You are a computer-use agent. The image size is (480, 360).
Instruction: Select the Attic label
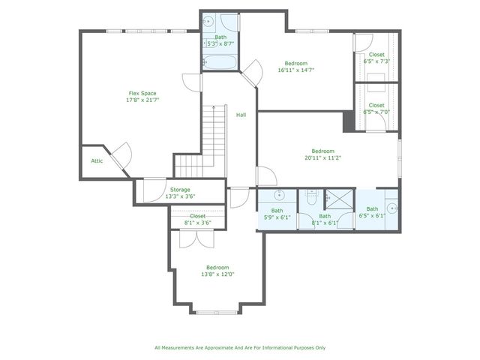[97, 160]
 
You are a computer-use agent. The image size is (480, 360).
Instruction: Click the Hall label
[241, 115]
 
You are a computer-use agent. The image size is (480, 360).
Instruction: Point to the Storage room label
[180, 190]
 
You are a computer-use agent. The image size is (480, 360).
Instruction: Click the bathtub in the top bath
[220, 62]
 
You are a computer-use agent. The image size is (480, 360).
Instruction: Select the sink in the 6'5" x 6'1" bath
[391, 208]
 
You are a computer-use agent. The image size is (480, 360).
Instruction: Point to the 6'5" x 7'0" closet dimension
[376, 112]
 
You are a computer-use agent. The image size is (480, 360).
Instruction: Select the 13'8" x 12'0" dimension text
[217, 274]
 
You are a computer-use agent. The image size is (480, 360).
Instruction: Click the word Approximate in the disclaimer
[214, 347]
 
